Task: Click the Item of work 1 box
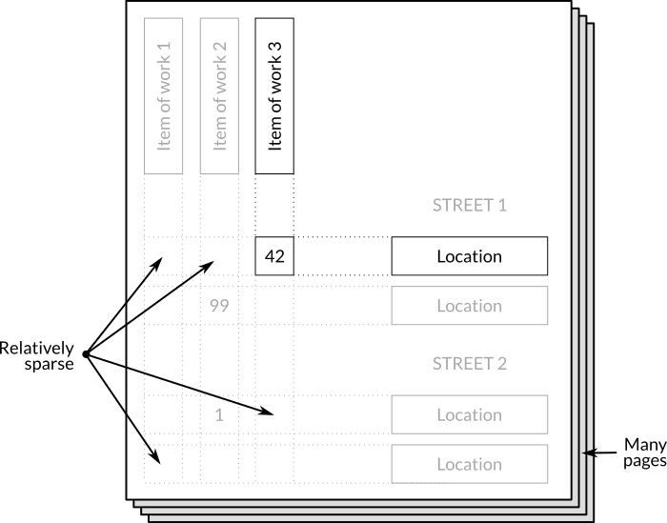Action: pyautogui.click(x=163, y=96)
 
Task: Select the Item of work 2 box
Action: pyautogui.click(x=219, y=96)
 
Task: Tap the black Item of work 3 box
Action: pyautogui.click(x=274, y=96)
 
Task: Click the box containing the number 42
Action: pyautogui.click(x=274, y=256)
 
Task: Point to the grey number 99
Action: pyautogui.click(x=219, y=306)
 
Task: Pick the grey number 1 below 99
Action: pyautogui.click(x=219, y=414)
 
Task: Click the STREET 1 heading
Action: pyautogui.click(x=470, y=205)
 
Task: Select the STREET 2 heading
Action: pyautogui.click(x=470, y=363)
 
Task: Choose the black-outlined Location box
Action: pyautogui.click(x=469, y=256)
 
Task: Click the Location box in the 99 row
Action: pyautogui.click(x=469, y=306)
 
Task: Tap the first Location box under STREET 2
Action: pyautogui.click(x=469, y=414)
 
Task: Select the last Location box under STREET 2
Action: pyautogui.click(x=469, y=464)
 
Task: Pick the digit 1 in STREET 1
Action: pyautogui.click(x=502, y=205)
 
